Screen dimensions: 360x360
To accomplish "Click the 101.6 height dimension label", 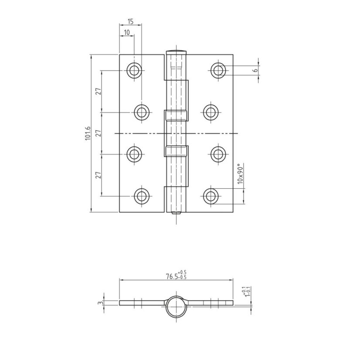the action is (x=88, y=133).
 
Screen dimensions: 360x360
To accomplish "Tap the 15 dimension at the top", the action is (x=130, y=22).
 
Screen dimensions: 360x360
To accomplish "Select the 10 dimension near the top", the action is (x=127, y=33).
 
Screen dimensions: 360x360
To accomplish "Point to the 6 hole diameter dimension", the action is (x=256, y=70).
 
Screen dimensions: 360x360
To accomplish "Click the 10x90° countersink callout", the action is (x=240, y=173).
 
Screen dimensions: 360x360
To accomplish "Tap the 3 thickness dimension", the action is (x=100, y=303).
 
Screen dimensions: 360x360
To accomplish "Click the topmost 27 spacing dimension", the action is (x=98, y=92).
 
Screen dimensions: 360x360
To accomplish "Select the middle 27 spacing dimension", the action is (x=98, y=133).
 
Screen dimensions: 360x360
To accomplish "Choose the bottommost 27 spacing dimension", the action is (x=98, y=175).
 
